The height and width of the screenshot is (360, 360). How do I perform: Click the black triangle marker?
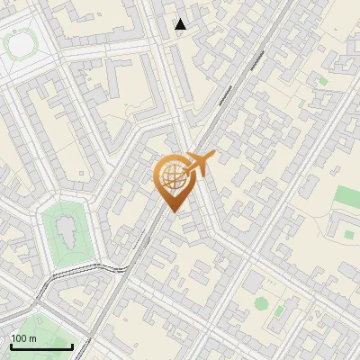click(181, 24)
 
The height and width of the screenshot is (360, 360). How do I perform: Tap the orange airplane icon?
click(199, 164)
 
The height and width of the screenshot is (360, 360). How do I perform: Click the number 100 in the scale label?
click(19, 338)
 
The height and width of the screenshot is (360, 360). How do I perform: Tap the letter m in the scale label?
click(32, 338)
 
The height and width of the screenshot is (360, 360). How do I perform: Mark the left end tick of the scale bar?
click(10, 346)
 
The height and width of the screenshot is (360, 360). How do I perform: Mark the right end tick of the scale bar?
click(72, 346)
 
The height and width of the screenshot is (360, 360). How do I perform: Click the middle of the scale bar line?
click(40, 347)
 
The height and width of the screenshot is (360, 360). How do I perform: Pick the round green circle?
click(261, 303)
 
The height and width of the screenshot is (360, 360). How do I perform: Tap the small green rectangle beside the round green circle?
click(279, 311)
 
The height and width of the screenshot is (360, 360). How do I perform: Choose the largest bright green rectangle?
click(348, 197)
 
